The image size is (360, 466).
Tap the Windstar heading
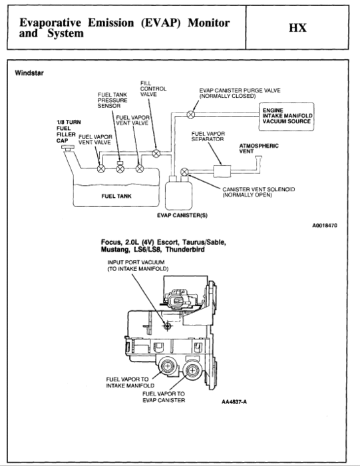pyautogui.click(x=29, y=73)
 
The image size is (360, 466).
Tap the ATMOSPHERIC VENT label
pyautogui.click(x=258, y=148)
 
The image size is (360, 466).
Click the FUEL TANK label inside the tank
pyautogui.click(x=114, y=196)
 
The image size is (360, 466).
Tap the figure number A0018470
pyautogui.click(x=324, y=225)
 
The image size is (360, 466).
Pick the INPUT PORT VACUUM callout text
pyautogui.click(x=138, y=265)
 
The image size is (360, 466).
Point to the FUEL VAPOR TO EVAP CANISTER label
pyautogui.click(x=164, y=397)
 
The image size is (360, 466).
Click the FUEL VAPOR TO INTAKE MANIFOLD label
pyautogui.click(x=130, y=382)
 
